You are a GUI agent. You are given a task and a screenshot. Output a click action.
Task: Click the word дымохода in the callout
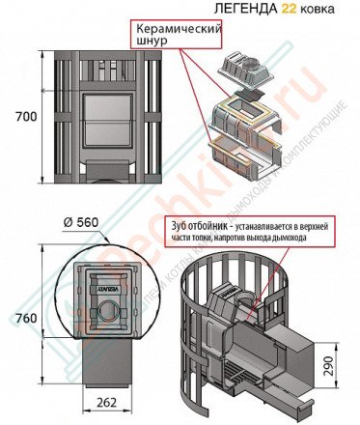click(x=308, y=237)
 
